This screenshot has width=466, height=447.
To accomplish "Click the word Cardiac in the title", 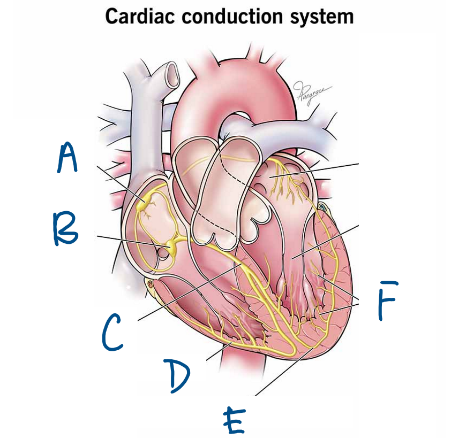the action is pos(139,16).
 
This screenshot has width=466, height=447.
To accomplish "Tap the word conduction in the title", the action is pos(232,16).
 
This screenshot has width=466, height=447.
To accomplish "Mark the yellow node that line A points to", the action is pos(143,204).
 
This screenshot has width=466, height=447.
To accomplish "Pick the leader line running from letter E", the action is pos(284,372).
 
